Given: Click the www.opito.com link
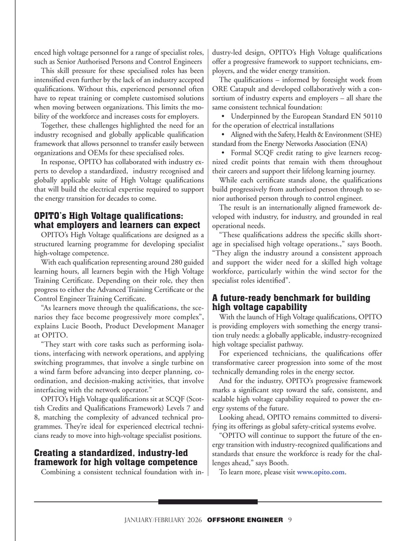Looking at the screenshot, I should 320,472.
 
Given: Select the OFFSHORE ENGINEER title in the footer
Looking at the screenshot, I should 245,520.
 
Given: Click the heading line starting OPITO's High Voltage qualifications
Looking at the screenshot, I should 108,216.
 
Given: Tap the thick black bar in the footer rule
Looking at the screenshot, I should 208,502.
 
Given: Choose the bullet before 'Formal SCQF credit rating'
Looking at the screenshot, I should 223,153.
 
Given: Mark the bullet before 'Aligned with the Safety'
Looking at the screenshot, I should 223,134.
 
